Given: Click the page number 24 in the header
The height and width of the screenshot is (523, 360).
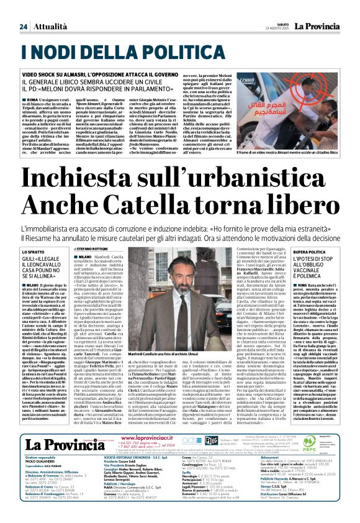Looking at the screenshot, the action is tap(23, 27).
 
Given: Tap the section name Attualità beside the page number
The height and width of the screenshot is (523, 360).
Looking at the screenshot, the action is tap(48, 27).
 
